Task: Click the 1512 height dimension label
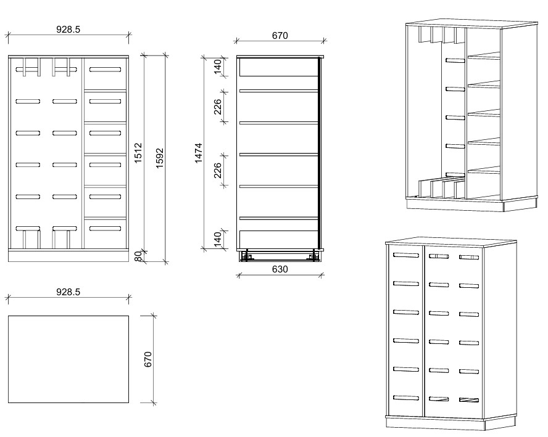point(138,152)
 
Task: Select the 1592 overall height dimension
point(159,158)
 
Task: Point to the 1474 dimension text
point(198,153)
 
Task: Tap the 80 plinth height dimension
point(138,256)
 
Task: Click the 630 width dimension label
point(280,269)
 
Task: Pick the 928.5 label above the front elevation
point(68,30)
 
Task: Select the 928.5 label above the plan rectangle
point(68,292)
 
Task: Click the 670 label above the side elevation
point(280,36)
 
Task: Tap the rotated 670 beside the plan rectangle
point(148,359)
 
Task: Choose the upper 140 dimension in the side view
point(217,67)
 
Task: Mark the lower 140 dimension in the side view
point(217,239)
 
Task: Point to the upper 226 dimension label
point(217,107)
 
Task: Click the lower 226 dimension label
point(217,170)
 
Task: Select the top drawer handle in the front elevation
point(105,70)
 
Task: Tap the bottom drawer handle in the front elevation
point(105,229)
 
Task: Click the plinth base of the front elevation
point(68,256)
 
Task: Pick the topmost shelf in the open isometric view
point(484,56)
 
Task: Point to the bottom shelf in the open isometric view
point(484,170)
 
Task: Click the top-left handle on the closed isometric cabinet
point(406,255)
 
